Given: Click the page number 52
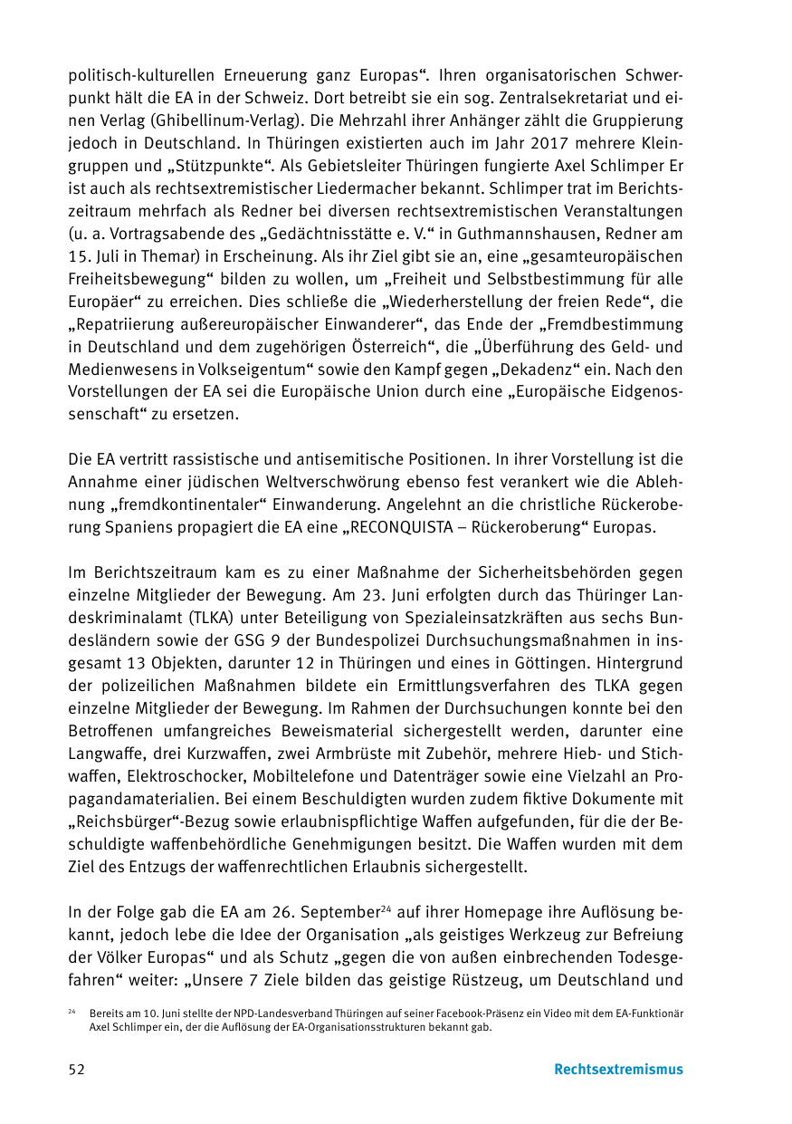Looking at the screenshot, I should click(77, 1069).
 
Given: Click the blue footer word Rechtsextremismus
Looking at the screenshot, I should click(618, 1069).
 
